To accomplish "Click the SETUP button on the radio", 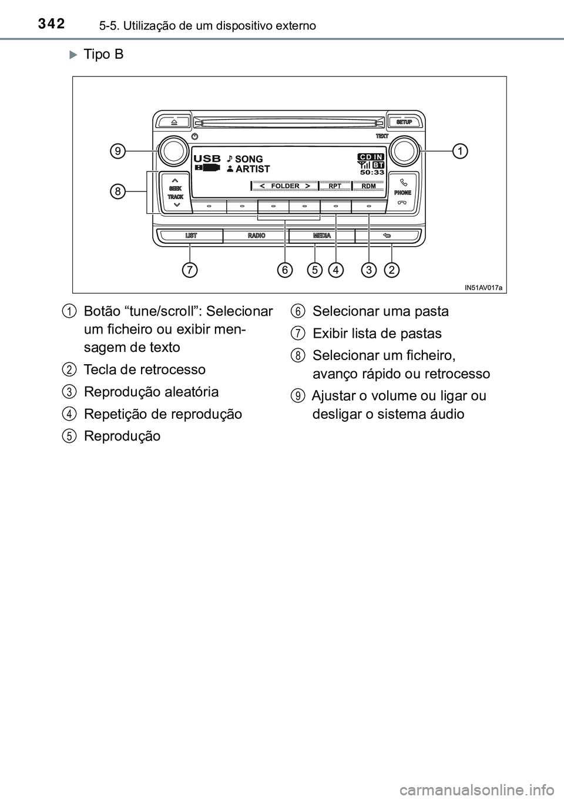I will [x=404, y=122].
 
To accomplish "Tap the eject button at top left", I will [x=174, y=122].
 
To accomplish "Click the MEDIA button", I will [x=321, y=236].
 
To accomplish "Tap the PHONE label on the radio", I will [x=402, y=192].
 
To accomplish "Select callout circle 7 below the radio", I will [x=189, y=270].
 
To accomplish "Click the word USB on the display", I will [x=207, y=159].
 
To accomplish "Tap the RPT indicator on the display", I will [x=335, y=186].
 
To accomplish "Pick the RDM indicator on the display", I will [x=368, y=186].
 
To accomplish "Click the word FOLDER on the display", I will [x=286, y=186].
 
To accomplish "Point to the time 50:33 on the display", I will [x=372, y=173].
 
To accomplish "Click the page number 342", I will [x=52, y=24].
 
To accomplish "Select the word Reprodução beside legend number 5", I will [x=122, y=436].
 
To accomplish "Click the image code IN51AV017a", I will [x=484, y=287].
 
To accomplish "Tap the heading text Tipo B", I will [x=103, y=55].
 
